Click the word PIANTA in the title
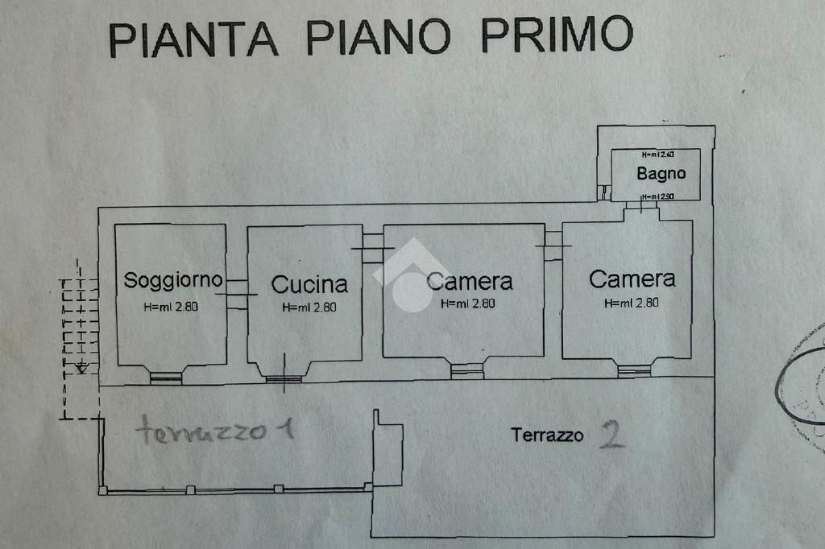[x=193, y=39]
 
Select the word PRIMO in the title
[x=556, y=35]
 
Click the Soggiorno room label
[x=172, y=280]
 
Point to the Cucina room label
[x=309, y=283]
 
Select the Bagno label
[x=661, y=173]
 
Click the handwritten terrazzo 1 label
[x=214, y=431]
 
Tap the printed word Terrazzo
[x=547, y=435]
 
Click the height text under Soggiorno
[x=171, y=306]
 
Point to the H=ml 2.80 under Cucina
[x=309, y=307]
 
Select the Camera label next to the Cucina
[x=470, y=281]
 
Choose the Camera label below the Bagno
[x=632, y=279]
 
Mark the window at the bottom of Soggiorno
[x=166, y=376]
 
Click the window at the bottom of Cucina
[x=284, y=378]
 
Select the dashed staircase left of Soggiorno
[x=79, y=338]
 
